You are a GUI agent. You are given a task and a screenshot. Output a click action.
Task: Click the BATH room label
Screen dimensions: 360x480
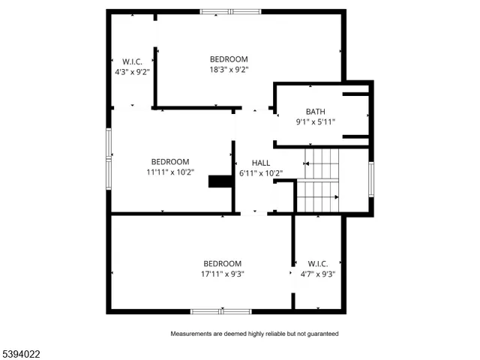pos(315,112)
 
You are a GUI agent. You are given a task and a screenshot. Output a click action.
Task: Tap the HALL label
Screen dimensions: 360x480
pos(261,163)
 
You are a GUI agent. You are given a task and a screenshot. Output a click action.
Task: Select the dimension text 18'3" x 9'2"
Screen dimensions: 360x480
pos(229,69)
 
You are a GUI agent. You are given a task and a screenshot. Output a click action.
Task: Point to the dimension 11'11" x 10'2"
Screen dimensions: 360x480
pos(170,172)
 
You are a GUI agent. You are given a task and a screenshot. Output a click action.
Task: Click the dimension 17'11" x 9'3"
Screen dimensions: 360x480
pos(222,274)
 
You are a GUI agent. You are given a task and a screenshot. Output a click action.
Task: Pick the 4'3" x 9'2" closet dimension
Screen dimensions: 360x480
pos(132,72)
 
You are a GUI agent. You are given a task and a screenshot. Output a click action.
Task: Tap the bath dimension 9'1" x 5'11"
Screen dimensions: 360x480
pos(315,121)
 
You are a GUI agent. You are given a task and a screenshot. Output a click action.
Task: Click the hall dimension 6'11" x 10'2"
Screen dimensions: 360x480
pos(261,172)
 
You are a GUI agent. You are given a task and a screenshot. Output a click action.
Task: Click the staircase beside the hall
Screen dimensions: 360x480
pos(319,180)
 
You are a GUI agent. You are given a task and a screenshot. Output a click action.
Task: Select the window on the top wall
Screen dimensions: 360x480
pos(230,11)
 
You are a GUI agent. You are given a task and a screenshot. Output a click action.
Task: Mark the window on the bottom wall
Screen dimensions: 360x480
pos(220,310)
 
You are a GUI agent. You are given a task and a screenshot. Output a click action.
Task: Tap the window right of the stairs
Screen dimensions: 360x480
pos(370,179)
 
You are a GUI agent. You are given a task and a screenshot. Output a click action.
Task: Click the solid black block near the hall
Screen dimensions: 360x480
pos(220,181)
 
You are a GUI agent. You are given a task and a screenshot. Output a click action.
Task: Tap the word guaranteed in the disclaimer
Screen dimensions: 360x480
pos(322,333)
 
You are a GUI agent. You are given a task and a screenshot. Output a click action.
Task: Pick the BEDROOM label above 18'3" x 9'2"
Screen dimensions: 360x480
pos(229,59)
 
